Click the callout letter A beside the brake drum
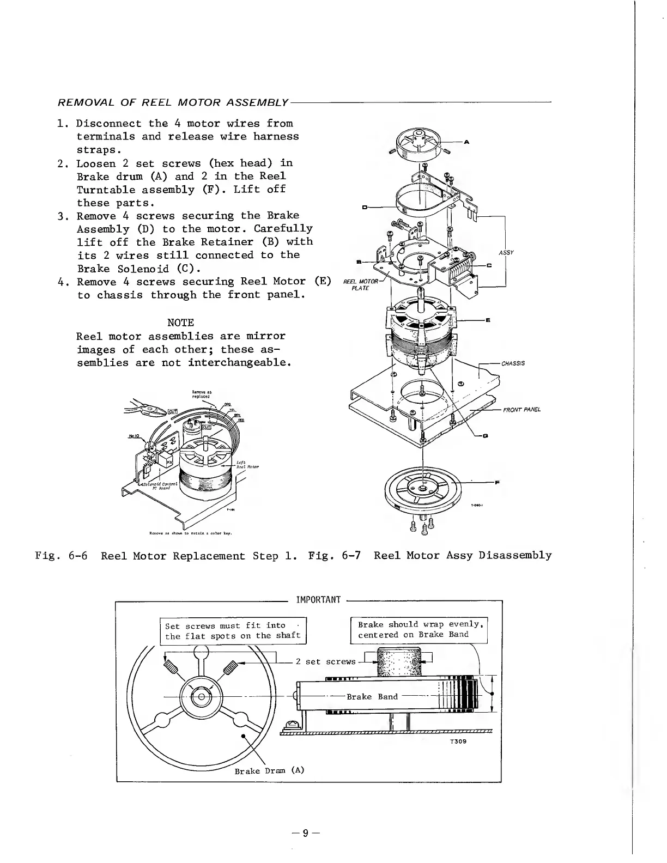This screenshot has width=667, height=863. (x=467, y=142)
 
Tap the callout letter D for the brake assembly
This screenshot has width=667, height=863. (x=364, y=207)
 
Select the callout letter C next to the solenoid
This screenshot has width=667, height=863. (x=489, y=265)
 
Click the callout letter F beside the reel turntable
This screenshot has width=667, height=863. (x=496, y=482)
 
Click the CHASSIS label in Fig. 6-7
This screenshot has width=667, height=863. (x=513, y=363)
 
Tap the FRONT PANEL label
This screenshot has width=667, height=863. (x=522, y=410)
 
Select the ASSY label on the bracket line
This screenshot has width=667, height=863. (x=506, y=253)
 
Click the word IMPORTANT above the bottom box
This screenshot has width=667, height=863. (x=318, y=600)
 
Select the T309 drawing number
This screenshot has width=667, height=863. (x=458, y=742)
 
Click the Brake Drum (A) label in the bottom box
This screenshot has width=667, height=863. (x=269, y=770)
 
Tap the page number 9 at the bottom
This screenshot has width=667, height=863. (x=306, y=832)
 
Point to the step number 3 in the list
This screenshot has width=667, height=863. (x=62, y=216)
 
